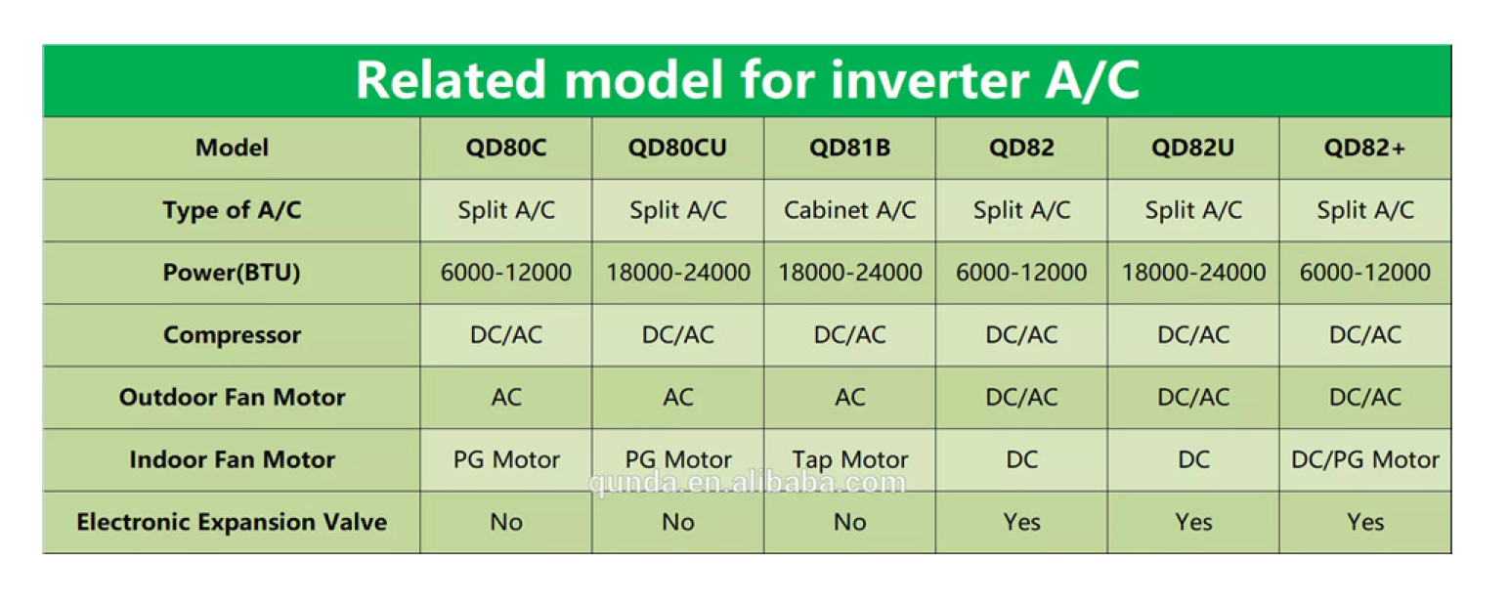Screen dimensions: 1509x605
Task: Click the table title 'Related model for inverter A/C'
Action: click(748, 80)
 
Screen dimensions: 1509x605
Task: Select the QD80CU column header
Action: click(677, 148)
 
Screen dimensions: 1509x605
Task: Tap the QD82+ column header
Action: click(1364, 148)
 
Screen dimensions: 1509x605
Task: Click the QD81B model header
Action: click(849, 148)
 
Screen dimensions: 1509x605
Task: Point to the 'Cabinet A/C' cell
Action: click(849, 210)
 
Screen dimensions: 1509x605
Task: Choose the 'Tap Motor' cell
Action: click(849, 459)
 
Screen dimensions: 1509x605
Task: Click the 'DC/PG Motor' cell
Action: click(1364, 459)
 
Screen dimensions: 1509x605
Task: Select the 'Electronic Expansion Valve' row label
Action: click(232, 522)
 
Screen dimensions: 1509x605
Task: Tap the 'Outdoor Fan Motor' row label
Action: click(232, 398)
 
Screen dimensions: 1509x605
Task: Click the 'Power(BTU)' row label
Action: click(232, 273)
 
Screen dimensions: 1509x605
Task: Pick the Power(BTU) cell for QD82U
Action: click(1193, 272)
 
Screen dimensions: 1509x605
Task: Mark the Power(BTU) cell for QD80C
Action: click(506, 272)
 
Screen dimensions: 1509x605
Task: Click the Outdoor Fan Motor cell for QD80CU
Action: click(677, 398)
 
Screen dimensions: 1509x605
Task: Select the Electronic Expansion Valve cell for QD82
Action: click(1021, 522)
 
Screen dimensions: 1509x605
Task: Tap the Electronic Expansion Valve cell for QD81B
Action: click(849, 522)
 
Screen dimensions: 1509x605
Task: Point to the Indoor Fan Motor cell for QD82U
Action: click(1193, 459)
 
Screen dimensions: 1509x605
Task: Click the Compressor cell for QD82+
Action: click(1364, 335)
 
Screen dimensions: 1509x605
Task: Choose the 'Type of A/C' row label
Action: click(232, 210)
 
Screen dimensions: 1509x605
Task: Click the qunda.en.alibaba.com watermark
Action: click(747, 483)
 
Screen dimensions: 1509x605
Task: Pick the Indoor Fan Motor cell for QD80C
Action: click(506, 459)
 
